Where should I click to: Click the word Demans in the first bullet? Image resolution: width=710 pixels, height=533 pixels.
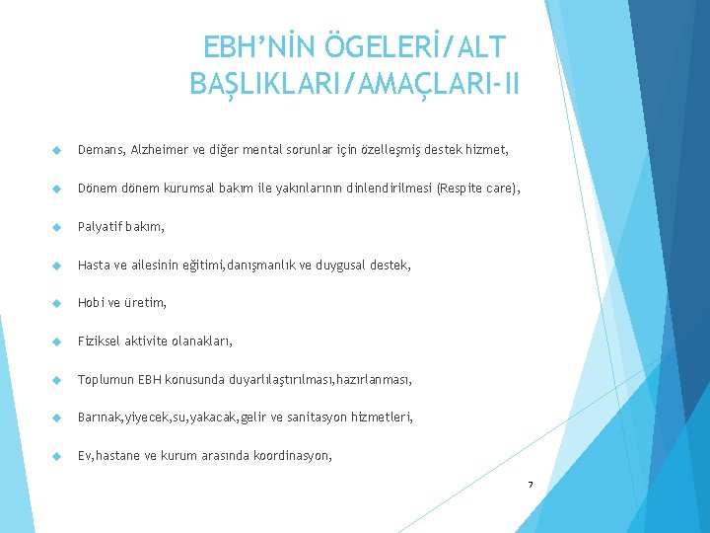coord(101,150)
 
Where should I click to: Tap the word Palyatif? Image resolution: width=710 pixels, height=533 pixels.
coord(101,227)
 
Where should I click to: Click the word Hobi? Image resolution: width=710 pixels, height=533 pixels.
coord(91,303)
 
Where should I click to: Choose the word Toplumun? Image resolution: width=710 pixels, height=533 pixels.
coord(106,380)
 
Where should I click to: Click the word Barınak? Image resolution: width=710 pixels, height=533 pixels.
coord(100,418)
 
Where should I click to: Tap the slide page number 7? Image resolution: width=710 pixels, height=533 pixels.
coord(531,485)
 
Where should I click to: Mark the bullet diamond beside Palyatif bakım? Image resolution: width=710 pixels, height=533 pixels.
coord(56,227)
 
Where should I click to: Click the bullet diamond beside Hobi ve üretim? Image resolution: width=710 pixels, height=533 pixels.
coord(56,303)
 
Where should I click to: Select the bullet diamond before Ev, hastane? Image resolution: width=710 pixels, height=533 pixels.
coord(56,456)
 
